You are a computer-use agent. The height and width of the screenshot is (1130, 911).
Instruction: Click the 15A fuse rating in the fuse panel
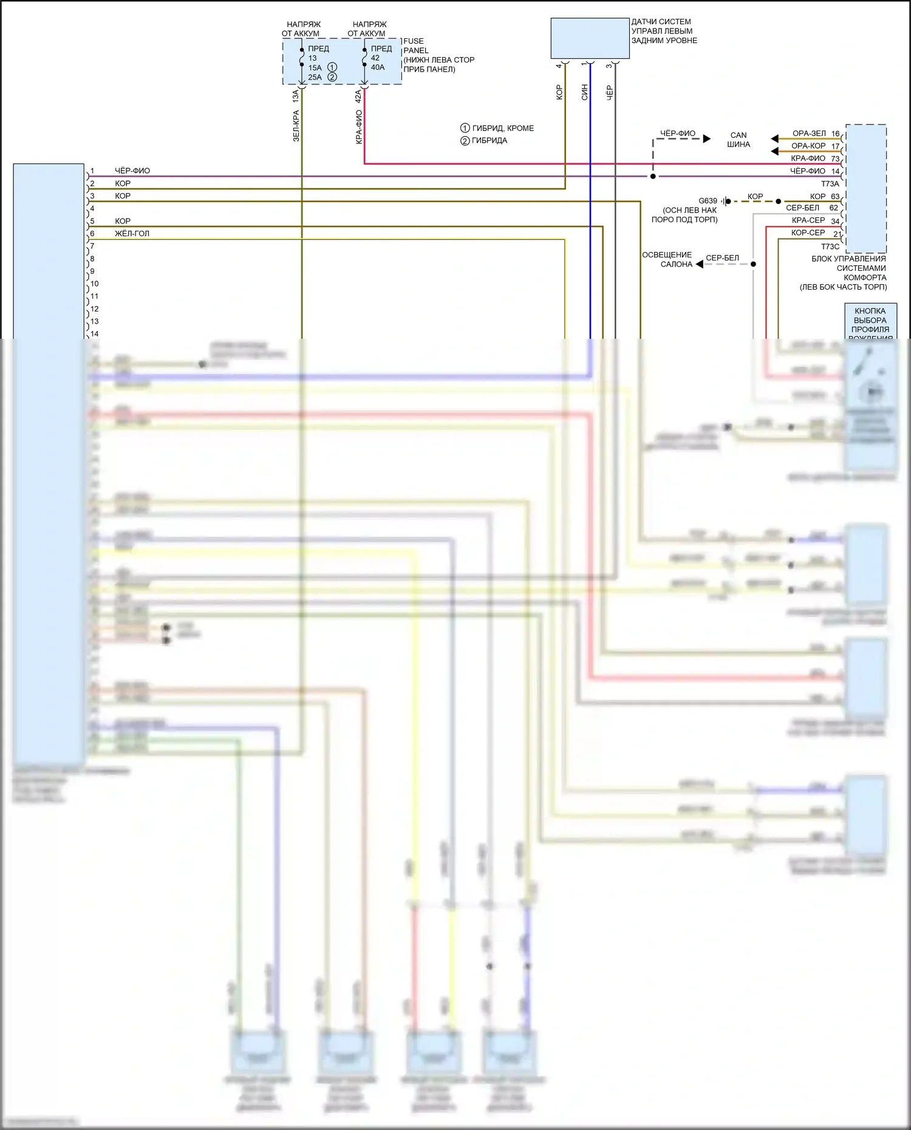pos(315,67)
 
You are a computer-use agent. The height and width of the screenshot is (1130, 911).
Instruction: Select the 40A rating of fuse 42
pos(378,67)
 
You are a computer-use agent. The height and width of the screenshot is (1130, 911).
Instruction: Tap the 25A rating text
pos(315,77)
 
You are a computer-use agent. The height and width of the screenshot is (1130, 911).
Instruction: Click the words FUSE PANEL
pos(416,46)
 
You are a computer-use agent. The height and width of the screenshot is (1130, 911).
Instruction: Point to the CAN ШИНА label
pos(739,140)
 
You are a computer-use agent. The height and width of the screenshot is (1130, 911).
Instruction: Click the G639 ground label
pos(708,200)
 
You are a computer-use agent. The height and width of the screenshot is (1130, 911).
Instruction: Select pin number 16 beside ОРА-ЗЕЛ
pos(836,134)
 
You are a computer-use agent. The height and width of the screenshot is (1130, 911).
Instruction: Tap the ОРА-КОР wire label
pos(808,146)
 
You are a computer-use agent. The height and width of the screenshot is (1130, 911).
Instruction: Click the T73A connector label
pos(830,183)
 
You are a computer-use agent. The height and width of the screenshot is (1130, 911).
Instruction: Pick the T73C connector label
pos(830,247)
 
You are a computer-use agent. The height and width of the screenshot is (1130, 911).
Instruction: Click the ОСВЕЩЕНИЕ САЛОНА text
pos(667,259)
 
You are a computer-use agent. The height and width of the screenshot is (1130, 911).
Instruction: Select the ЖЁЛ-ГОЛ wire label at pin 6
pos(132,233)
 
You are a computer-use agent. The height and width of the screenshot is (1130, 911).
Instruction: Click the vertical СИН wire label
pos(585,92)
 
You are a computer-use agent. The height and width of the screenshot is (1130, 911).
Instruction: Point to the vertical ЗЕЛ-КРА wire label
pos(296,126)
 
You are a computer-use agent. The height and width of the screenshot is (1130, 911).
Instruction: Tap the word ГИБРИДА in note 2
pos(490,140)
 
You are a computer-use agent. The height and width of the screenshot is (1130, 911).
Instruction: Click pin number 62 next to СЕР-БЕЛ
pos(834,208)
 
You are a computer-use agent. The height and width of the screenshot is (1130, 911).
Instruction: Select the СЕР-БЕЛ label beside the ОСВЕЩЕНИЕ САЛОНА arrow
pos(722,257)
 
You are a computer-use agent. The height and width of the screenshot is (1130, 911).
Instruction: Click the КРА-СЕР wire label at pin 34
pos(808,220)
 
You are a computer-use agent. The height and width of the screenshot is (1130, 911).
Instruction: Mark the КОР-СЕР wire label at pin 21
pos(808,233)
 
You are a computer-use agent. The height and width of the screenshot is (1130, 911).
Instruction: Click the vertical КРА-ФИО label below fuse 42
pos(359,127)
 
